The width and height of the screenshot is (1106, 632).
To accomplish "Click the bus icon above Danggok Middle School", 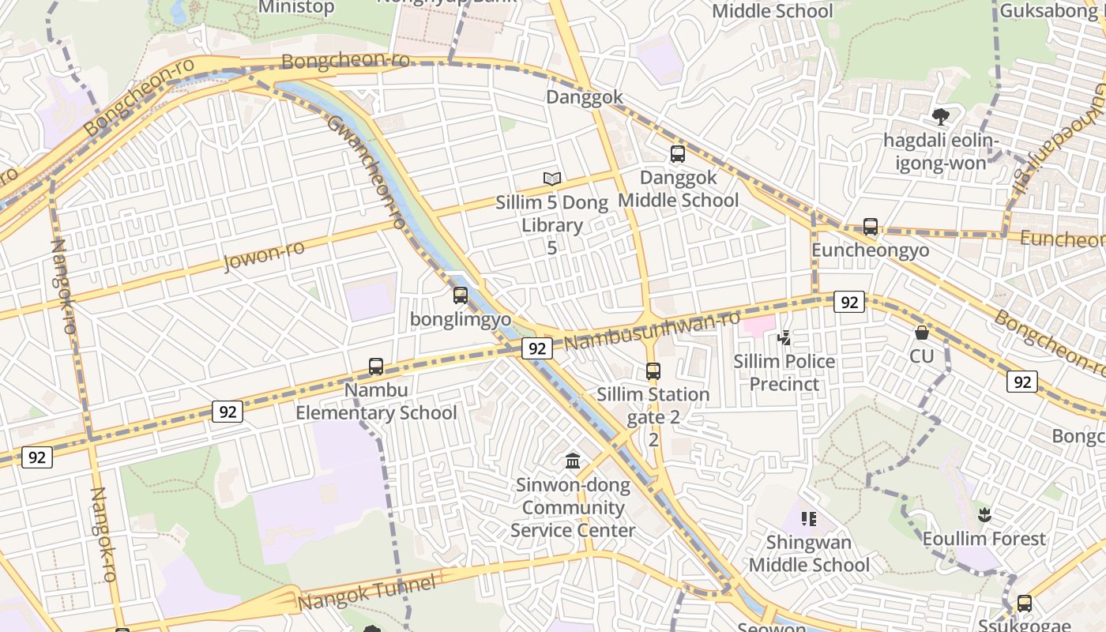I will [x=677, y=154].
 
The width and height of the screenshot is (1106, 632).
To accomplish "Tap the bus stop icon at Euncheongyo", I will [x=870, y=227].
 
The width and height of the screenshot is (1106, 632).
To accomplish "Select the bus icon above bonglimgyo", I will [x=460, y=295].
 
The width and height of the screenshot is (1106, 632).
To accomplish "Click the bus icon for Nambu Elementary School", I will [x=376, y=367].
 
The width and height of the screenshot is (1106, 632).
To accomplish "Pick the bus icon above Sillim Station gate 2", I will [x=653, y=371].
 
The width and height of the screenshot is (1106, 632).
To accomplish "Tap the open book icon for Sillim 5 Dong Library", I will [x=552, y=179].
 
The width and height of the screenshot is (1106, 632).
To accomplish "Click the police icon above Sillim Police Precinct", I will [x=784, y=338].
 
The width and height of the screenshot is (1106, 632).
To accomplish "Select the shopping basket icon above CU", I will [x=921, y=333].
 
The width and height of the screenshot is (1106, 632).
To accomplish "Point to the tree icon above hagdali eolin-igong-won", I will [x=940, y=117].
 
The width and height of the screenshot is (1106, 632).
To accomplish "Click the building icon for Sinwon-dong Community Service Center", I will [x=573, y=461].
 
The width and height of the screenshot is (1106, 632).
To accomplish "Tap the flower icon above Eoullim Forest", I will [x=984, y=515].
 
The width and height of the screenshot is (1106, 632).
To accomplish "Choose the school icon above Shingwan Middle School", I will [x=808, y=519].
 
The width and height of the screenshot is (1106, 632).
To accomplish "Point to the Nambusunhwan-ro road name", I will [x=652, y=331].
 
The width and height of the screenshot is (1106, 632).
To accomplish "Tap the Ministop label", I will [x=296, y=7].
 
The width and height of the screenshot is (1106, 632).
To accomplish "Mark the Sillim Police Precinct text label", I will [x=784, y=373].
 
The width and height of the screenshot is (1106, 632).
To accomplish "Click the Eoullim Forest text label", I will [x=984, y=539].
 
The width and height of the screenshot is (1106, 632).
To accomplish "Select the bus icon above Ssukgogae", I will [x=1024, y=603].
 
